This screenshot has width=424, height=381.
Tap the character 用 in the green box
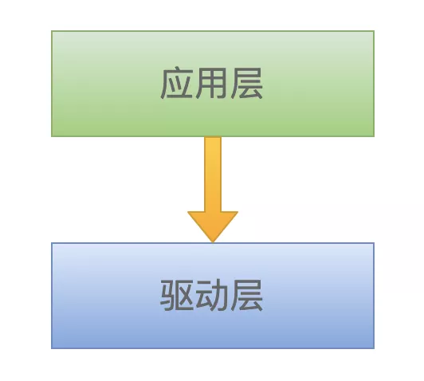(211, 83)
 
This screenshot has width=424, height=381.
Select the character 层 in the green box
(246, 83)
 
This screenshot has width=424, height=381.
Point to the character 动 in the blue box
(211, 296)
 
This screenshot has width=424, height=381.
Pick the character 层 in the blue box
(246, 296)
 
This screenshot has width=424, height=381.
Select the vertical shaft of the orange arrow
(213, 174)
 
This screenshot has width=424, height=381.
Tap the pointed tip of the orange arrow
(213, 242)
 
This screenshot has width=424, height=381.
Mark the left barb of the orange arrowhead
(188, 212)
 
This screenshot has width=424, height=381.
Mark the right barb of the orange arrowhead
(238, 212)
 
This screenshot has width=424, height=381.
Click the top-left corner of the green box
(52, 31)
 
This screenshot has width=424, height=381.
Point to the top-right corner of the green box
(374, 31)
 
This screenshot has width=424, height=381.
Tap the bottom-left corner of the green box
(52, 136)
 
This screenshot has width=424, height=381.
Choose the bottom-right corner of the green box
(374, 136)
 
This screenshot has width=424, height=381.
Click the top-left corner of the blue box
(52, 243)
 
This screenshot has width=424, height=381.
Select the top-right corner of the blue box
(374, 243)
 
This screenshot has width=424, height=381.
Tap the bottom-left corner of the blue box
(52, 348)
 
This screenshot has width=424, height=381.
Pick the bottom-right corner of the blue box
(374, 348)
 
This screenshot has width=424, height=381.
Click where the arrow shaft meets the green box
(213, 137)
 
